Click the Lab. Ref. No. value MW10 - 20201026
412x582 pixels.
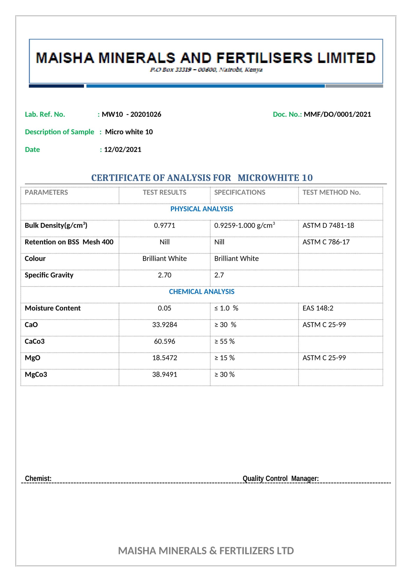pos(131,114)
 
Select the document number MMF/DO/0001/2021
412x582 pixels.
pos(337,114)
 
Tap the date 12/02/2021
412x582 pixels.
pos(123,150)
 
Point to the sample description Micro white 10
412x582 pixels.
pos(129,132)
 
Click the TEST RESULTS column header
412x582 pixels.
pos(165,192)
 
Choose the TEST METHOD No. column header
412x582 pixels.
pos(331,192)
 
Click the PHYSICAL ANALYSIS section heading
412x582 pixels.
pos(202,209)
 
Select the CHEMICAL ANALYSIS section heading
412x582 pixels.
pos(202,292)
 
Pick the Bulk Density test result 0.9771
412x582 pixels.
pos(165,226)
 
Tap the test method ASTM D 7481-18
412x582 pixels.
pos(328,226)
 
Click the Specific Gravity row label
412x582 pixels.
pos(49,275)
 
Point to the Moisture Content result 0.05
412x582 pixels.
pos(165,308)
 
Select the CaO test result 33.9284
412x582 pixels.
pos(165,325)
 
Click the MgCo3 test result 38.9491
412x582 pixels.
pos(165,374)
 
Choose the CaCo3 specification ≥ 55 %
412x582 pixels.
pos(225,342)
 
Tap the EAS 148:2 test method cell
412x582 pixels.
pos(318,308)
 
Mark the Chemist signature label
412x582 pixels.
pos(38,479)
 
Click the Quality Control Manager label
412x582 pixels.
pos(280,479)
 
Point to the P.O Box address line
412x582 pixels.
pos(206,70)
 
